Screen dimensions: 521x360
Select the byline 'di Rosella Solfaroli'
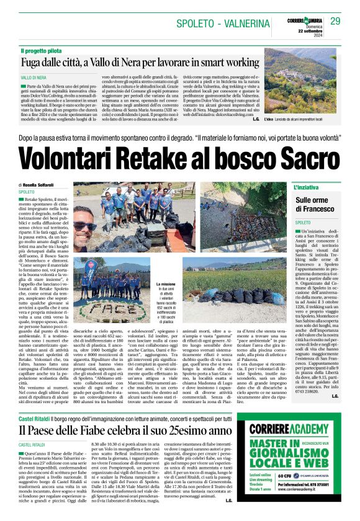click(x=43, y=185)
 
